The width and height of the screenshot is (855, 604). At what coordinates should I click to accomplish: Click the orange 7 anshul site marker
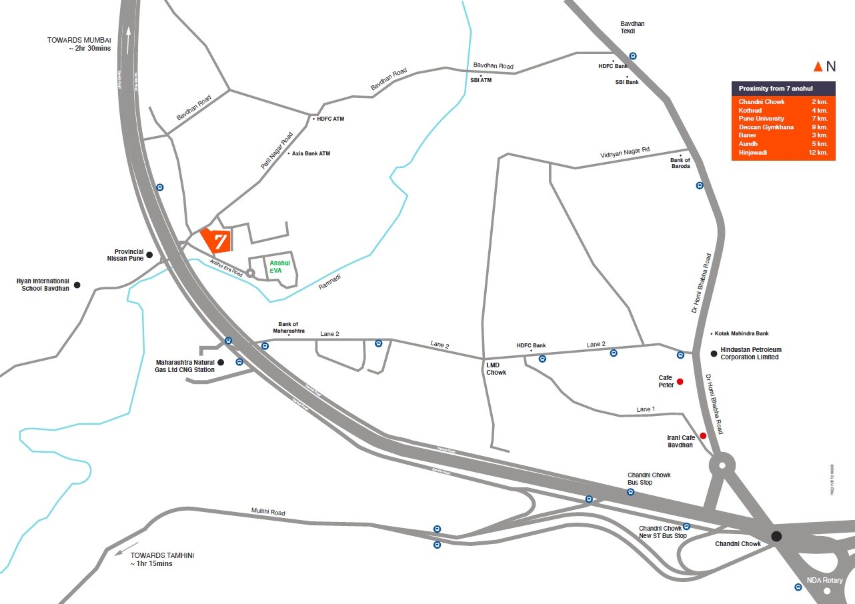[216, 241]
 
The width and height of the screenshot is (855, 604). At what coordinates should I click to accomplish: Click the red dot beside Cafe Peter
[680, 382]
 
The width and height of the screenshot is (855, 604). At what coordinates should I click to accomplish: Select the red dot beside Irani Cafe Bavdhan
[703, 436]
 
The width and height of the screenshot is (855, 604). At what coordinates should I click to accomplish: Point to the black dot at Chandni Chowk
[776, 536]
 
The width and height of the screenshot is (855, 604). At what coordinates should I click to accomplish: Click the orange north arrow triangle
[818, 66]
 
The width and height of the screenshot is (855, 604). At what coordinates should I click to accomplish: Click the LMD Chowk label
[496, 369]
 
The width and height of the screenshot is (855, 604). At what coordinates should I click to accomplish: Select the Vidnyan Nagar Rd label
[625, 153]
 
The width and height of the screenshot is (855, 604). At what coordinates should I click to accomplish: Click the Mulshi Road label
[268, 512]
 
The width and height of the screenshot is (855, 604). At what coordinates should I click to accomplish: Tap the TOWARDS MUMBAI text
[79, 40]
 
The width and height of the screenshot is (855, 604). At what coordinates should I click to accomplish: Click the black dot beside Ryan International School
[77, 285]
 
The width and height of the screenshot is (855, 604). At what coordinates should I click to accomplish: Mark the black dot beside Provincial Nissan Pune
[149, 255]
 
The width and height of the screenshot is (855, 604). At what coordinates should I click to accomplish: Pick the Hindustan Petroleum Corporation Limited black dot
[714, 353]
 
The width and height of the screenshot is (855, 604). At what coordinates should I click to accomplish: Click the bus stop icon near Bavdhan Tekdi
[632, 56]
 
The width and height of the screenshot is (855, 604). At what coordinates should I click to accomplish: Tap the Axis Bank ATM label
[311, 153]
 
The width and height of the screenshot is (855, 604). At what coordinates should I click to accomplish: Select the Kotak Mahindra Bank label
[742, 333]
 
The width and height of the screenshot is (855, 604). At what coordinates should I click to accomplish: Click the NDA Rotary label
[825, 580]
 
